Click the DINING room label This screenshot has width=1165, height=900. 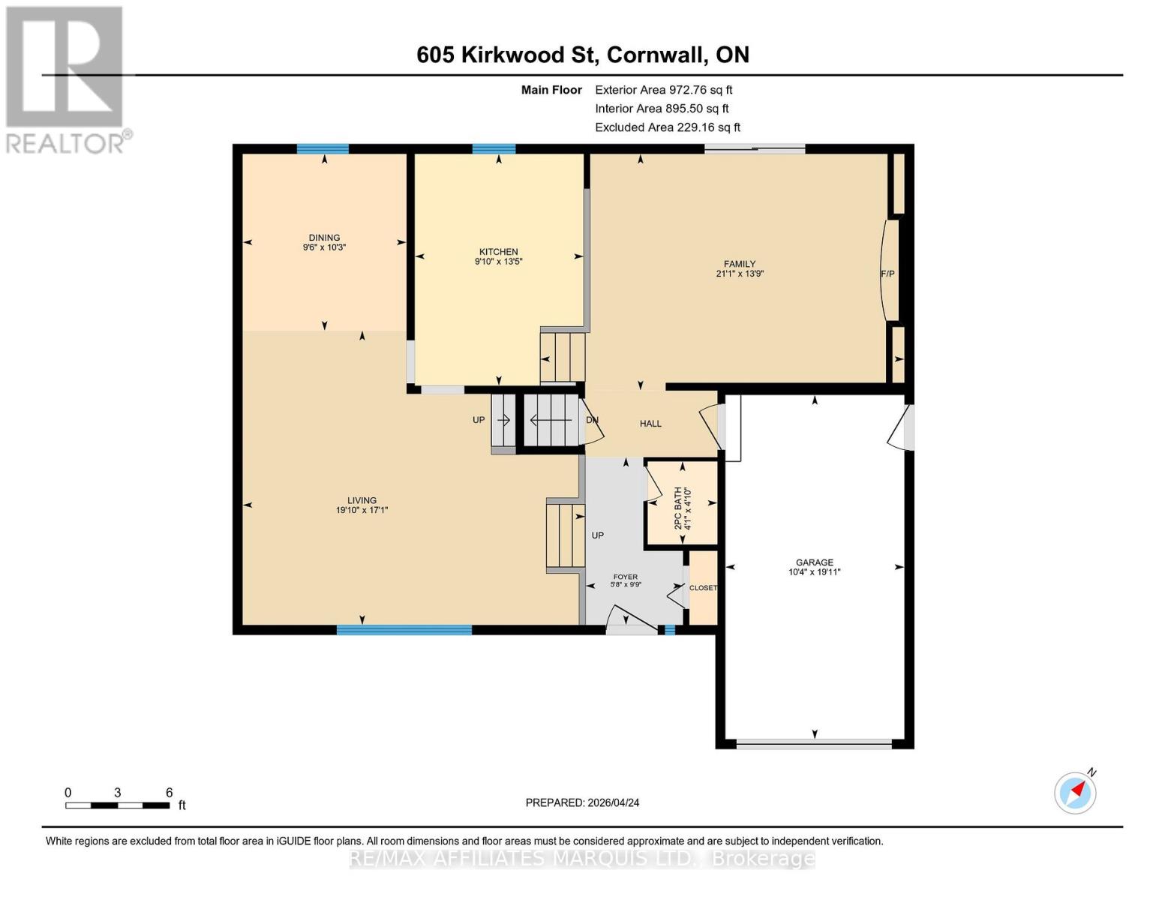(x=324, y=238)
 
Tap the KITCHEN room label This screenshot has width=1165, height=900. (x=498, y=252)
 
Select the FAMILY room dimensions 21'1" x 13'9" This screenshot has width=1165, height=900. (x=740, y=274)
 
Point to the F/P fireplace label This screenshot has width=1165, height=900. (x=887, y=274)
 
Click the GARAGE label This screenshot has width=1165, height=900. (x=815, y=562)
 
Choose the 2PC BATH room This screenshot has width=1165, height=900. (x=682, y=504)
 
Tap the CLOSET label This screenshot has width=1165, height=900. (x=703, y=588)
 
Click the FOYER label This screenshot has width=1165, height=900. (x=625, y=577)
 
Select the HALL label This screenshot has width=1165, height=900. (x=650, y=424)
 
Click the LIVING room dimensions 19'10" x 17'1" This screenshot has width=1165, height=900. (x=362, y=510)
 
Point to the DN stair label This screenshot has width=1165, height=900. (x=592, y=420)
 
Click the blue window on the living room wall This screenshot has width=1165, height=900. (x=404, y=630)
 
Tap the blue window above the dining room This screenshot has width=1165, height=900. (x=323, y=148)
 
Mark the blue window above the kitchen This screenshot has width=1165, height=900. (x=494, y=148)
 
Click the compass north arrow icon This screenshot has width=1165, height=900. (x=1076, y=792)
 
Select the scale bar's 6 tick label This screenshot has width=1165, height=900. (x=170, y=793)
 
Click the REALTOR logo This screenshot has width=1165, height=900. (x=66, y=79)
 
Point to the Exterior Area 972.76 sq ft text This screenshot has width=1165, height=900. (x=663, y=90)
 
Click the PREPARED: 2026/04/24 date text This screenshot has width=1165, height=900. (x=582, y=802)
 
